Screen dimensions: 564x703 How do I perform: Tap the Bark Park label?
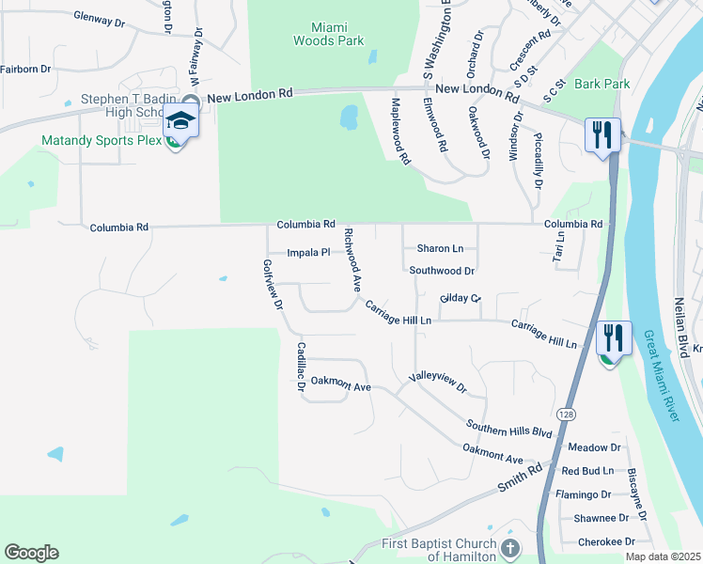click(602, 84)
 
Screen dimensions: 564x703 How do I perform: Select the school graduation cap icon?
click(180, 120)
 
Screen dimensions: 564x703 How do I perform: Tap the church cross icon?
click(509, 547)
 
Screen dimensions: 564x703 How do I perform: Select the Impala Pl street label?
click(309, 253)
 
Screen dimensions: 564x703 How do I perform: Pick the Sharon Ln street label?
click(440, 249)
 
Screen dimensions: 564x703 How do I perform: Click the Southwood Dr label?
click(442, 271)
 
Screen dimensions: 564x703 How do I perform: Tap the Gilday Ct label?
click(460, 298)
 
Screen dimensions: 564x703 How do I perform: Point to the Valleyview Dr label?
click(437, 383)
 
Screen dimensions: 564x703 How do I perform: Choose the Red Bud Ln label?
click(587, 471)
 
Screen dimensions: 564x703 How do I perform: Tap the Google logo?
click(31, 553)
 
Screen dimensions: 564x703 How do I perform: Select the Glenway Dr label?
click(99, 20)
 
